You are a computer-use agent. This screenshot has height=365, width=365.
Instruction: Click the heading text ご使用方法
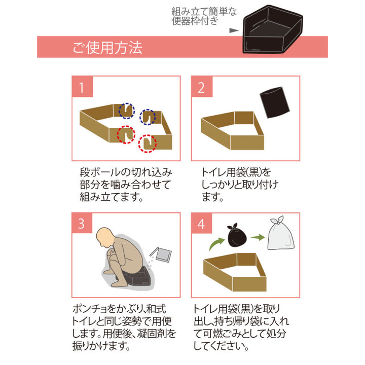[x=107, y=48]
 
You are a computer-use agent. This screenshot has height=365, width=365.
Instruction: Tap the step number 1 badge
[x=82, y=88]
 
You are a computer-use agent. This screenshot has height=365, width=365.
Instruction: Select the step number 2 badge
[x=201, y=88]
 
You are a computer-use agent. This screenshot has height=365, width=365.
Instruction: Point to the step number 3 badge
[x=82, y=224]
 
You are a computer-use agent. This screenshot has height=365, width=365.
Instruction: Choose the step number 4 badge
[x=201, y=224]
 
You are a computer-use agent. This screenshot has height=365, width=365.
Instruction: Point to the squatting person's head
[x=106, y=236]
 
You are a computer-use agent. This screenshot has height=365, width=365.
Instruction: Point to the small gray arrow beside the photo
[x=234, y=30]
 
